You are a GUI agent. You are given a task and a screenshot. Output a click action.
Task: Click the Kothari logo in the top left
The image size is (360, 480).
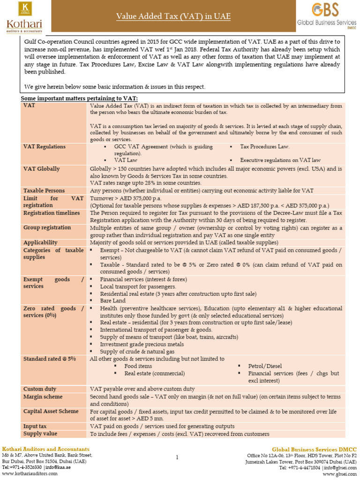[24, 17]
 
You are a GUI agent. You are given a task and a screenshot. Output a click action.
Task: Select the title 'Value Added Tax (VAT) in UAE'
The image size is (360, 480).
[173, 17]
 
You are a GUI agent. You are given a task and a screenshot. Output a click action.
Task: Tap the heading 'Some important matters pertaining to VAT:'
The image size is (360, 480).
[79, 98]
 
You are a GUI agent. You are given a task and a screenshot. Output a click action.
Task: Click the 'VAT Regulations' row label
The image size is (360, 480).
[45, 147]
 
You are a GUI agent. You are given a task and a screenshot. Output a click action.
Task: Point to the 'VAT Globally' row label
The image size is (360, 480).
[41, 168]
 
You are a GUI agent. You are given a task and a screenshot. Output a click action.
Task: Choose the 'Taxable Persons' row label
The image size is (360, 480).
[44, 191]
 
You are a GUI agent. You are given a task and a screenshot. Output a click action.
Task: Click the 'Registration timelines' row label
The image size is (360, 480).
[52, 213]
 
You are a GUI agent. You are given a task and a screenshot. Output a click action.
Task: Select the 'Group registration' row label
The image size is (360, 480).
[47, 228]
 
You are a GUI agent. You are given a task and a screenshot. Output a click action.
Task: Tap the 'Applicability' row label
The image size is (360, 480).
[40, 243]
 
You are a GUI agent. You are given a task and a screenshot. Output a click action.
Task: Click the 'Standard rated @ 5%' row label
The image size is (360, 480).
[49, 359]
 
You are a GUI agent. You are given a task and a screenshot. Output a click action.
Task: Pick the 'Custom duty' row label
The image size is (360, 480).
[40, 389]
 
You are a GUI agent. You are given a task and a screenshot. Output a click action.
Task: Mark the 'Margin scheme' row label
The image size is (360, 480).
[43, 397]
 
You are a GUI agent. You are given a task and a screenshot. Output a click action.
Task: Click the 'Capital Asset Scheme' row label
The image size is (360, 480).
[51, 411]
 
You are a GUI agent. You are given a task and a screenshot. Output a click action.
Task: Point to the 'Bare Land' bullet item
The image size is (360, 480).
[112, 301]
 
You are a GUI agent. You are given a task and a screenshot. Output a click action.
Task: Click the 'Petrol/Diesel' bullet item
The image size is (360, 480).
[265, 366]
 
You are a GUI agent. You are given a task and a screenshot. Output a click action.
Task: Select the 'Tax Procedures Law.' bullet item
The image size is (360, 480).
[264, 147]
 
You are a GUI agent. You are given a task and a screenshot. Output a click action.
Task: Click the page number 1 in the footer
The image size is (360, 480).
[177, 457]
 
